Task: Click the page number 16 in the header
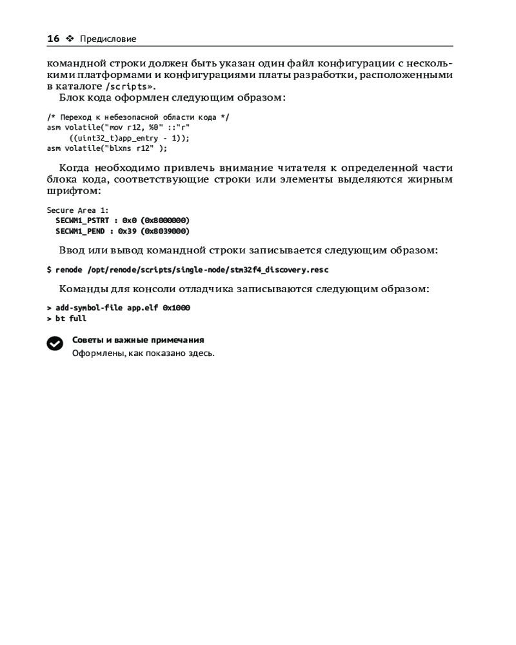(53, 39)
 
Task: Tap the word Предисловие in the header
(108, 39)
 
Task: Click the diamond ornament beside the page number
(70, 39)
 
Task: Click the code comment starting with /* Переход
(138, 117)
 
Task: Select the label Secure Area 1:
(78, 210)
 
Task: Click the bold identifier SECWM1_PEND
(80, 230)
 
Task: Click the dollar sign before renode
(49, 270)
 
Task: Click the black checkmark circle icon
(55, 344)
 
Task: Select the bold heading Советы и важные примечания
(138, 340)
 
